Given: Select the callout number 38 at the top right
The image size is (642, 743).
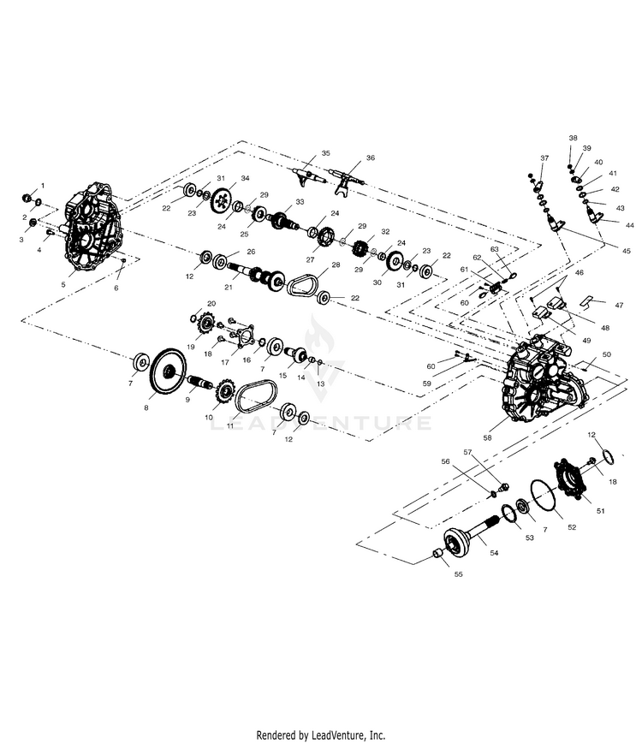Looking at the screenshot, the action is tap(573, 138).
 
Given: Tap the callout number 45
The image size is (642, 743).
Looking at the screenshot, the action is tap(626, 250).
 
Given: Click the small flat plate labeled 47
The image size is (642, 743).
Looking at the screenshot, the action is tap(587, 302).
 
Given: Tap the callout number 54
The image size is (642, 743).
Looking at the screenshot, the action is tap(494, 554).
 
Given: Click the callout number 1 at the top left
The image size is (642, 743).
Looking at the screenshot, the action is tap(42, 186).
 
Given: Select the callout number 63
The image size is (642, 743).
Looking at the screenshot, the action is tap(494, 249).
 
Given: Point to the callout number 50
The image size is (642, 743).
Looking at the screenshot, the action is tap(606, 354).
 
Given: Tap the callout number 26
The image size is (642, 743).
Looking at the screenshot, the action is tap(251, 252).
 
